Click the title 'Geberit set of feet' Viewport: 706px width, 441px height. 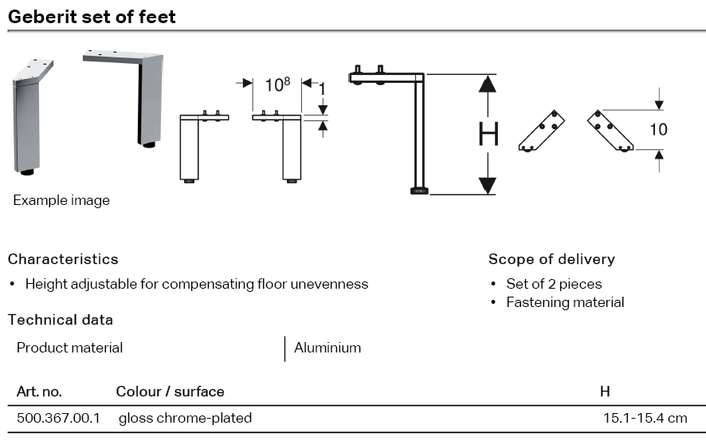pos(92,16)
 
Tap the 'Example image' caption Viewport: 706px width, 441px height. pos(61,200)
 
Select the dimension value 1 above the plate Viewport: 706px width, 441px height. pos(322,89)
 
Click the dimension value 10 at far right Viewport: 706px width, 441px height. pos(658,129)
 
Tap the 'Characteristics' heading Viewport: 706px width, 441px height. pos(63,259)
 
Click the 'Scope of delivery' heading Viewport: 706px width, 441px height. pos(551,259)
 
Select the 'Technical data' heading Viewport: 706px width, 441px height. pos(61,320)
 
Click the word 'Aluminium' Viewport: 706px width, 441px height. pos(328,348)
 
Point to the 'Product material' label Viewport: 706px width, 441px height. pos(70,348)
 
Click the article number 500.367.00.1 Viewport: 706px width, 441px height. pos(58,418)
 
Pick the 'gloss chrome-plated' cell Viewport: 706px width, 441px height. pos(185,418)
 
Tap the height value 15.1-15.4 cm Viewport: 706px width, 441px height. pos(645,418)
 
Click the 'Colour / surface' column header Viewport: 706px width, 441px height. pos(170,392)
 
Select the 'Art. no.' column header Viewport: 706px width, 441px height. pos(39,392)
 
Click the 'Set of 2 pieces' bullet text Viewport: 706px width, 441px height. pos(554,284)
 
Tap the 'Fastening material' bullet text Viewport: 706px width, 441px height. pos(565,302)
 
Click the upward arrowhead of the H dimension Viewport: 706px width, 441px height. pos(488,84)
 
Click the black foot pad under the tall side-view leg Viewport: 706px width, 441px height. pos(419,190)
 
